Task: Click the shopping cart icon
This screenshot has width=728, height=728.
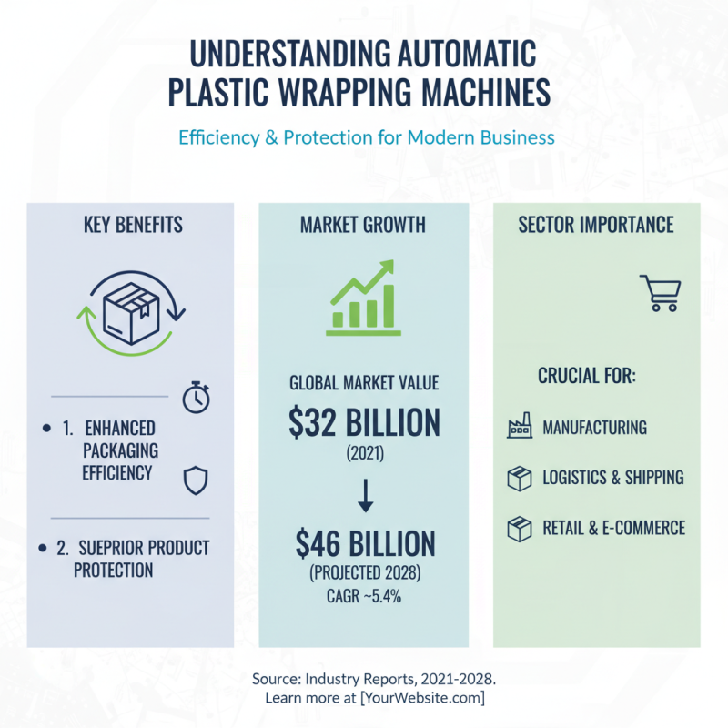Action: click(662, 293)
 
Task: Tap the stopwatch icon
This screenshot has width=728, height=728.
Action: click(196, 398)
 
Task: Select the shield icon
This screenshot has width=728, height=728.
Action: click(196, 480)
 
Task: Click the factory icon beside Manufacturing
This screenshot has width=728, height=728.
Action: click(520, 425)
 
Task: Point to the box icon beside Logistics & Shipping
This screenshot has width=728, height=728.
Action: click(520, 479)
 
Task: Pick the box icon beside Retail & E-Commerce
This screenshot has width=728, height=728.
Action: click(520, 530)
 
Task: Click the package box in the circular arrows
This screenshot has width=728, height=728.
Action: click(131, 313)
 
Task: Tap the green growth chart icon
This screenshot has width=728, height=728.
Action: click(363, 298)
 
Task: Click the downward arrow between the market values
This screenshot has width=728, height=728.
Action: click(366, 495)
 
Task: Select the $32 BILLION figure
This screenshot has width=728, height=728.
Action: click(365, 422)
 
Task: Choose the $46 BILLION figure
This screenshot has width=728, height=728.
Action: click(366, 543)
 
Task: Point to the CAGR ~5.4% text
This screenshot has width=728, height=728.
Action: click(364, 596)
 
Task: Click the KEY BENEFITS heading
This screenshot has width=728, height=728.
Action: click(133, 225)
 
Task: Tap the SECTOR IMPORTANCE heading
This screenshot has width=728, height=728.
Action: click(596, 225)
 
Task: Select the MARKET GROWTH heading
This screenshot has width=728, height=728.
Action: click(363, 225)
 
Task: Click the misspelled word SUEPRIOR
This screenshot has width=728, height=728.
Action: click(109, 548)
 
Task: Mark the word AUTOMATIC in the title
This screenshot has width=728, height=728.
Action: click(468, 54)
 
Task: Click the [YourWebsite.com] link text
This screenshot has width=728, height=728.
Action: click(422, 698)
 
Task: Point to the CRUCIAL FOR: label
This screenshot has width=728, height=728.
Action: click(587, 376)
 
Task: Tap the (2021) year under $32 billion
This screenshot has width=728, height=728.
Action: click(366, 453)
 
